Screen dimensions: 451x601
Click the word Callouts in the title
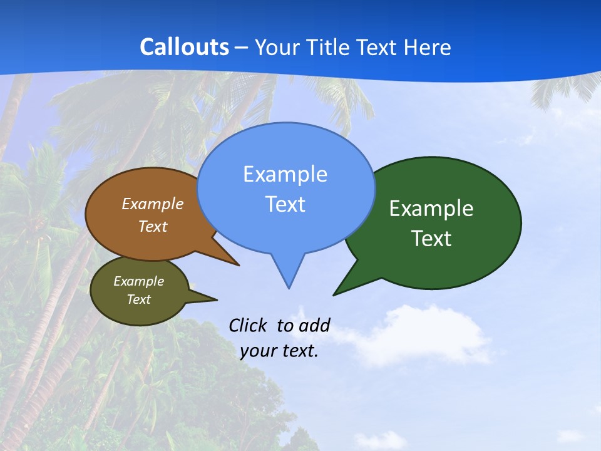coord(184,47)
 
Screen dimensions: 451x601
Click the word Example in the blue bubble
coord(285,174)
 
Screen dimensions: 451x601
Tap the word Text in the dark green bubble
coord(431,239)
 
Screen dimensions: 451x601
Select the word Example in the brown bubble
coord(152,204)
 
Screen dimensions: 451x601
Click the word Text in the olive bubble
coord(138,299)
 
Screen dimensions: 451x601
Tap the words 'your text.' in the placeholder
coord(279,351)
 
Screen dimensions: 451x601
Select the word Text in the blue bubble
coord(285,204)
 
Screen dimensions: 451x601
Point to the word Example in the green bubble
coord(431,208)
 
